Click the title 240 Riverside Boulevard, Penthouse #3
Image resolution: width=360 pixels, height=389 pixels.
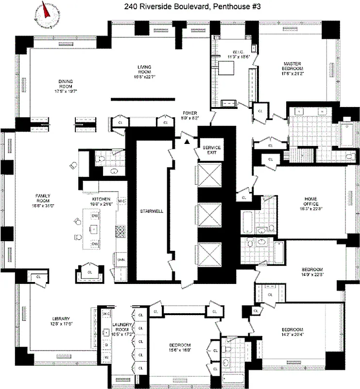pos(180,6)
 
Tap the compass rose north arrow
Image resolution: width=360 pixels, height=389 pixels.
pos(47,10)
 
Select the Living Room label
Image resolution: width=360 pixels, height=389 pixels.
pos(144,71)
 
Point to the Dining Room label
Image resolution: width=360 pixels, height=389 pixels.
pos(65,86)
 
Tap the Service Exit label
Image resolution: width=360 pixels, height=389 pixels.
pos(211,150)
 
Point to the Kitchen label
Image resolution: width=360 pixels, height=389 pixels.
pos(102,202)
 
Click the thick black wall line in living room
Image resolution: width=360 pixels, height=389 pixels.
pos(143,100)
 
